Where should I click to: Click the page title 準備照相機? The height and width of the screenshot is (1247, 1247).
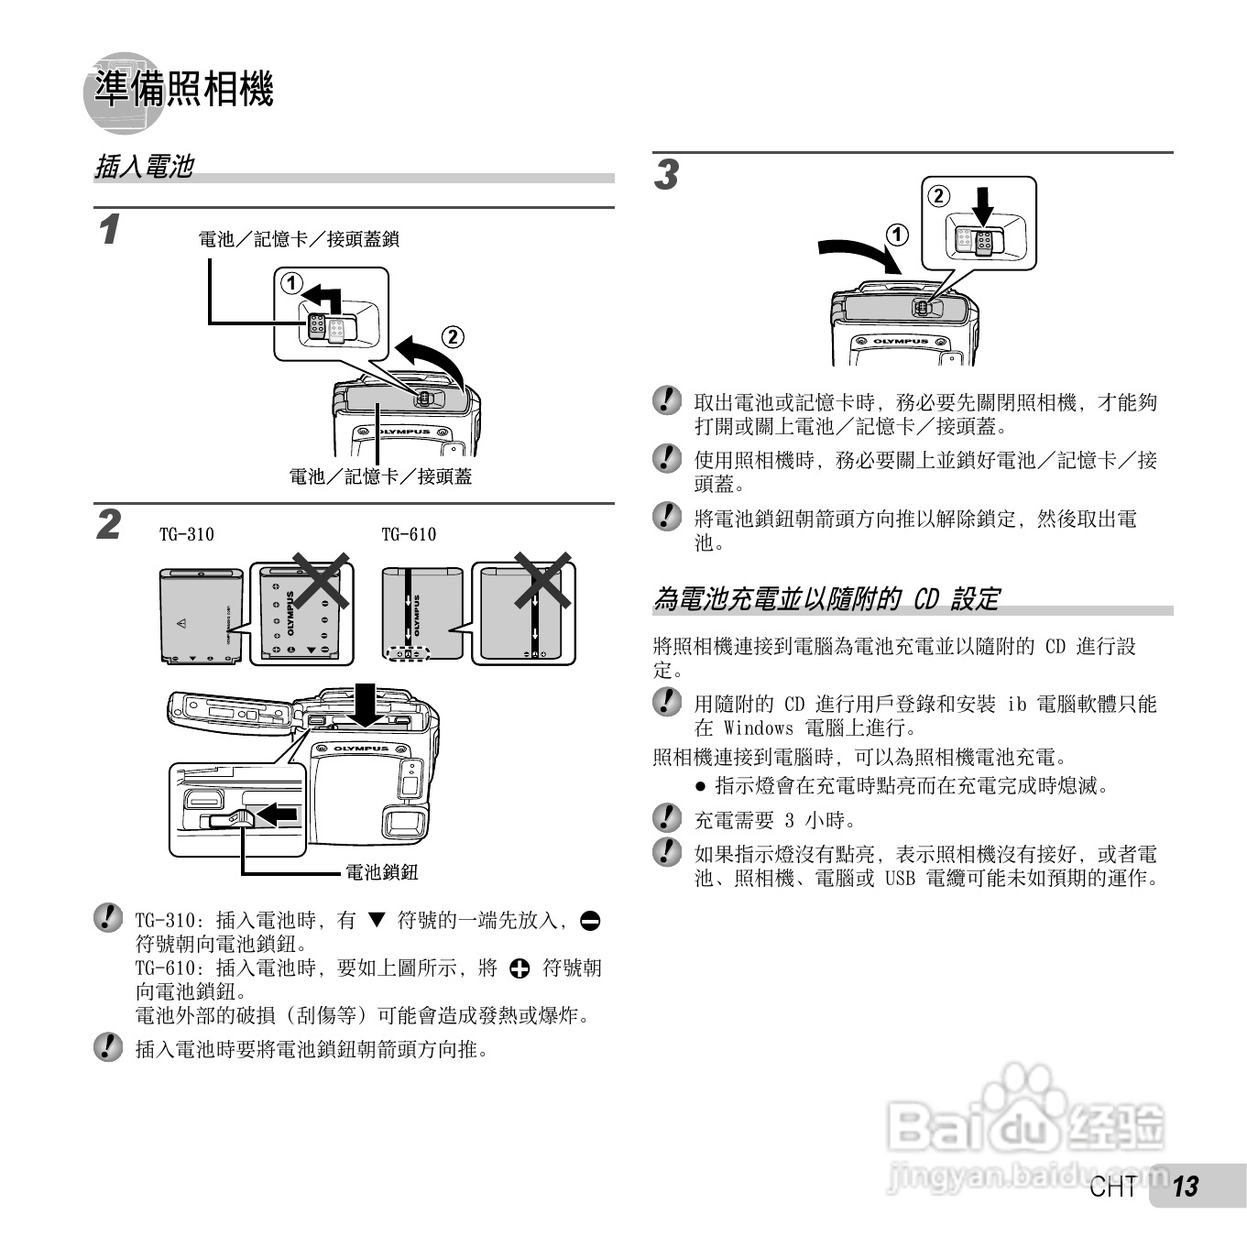(183, 89)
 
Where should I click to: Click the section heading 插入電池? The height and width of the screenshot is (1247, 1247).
(144, 167)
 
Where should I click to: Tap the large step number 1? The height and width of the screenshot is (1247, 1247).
(109, 229)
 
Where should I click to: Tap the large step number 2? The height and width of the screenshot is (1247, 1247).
(109, 525)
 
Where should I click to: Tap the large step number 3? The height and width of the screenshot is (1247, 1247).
(666, 175)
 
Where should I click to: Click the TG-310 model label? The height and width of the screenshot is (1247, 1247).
(186, 534)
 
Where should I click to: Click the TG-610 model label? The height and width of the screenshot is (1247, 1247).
(409, 534)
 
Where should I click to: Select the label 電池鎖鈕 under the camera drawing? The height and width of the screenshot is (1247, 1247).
(381, 872)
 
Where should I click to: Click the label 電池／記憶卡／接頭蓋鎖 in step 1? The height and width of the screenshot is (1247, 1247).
(299, 239)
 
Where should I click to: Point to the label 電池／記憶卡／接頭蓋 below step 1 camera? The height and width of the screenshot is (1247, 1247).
(380, 476)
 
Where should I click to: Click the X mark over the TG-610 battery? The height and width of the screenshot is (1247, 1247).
(542, 580)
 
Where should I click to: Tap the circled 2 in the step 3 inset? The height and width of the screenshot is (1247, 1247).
(939, 195)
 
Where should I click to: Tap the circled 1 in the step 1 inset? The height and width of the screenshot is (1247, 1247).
(291, 283)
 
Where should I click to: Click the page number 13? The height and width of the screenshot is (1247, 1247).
(1185, 1187)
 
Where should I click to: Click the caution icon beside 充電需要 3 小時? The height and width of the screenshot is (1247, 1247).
(667, 818)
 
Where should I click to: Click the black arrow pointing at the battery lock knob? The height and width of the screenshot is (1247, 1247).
(278, 813)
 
